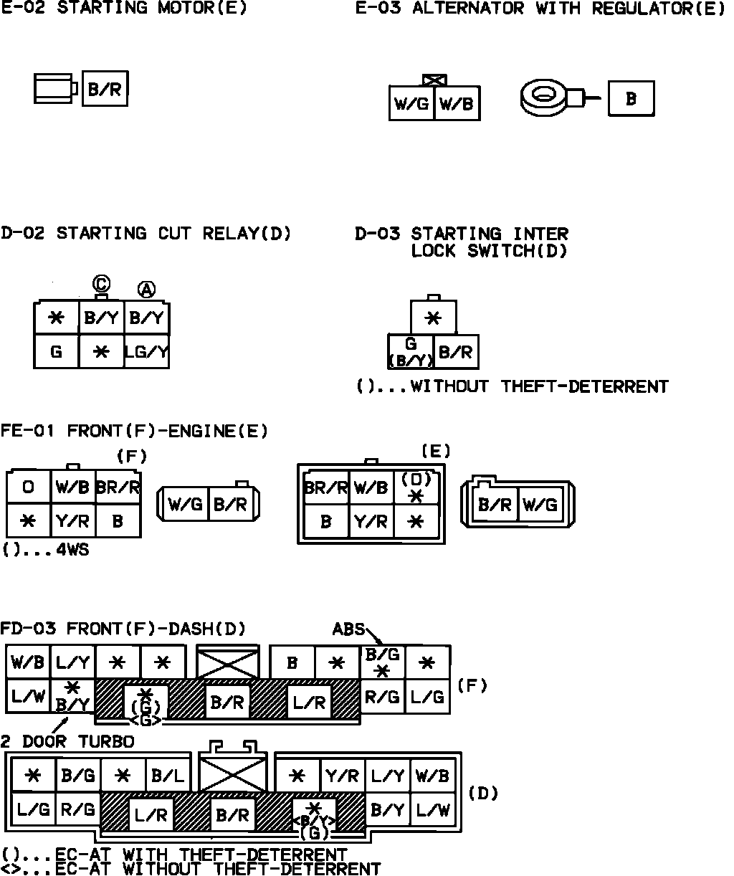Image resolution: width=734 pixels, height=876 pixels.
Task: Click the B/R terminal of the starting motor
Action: (105, 89)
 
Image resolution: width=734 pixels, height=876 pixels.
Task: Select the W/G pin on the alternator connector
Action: (411, 104)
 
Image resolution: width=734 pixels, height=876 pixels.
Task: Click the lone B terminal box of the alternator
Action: (631, 99)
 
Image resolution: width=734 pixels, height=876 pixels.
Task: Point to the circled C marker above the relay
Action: (100, 285)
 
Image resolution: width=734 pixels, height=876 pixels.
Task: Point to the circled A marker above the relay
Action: (146, 289)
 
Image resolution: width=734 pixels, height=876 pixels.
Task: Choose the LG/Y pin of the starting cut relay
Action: (146, 351)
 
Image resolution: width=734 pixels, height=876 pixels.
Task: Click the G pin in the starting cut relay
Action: (56, 351)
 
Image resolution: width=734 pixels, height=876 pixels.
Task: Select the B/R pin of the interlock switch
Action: (456, 351)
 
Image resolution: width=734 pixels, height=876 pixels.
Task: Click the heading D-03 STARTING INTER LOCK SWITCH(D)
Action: (462, 242)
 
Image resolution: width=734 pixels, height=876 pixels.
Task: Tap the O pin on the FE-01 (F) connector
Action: (29, 487)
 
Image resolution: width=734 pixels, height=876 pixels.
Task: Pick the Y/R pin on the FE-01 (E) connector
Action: (371, 522)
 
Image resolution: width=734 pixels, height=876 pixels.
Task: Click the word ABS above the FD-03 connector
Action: (348, 629)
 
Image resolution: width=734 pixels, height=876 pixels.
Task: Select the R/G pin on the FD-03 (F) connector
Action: (383, 696)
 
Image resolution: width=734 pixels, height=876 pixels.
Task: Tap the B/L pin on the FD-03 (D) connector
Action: (168, 775)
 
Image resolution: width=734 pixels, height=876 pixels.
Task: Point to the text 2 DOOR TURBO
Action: (67, 741)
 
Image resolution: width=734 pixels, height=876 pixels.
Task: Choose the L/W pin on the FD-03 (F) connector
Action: (29, 696)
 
